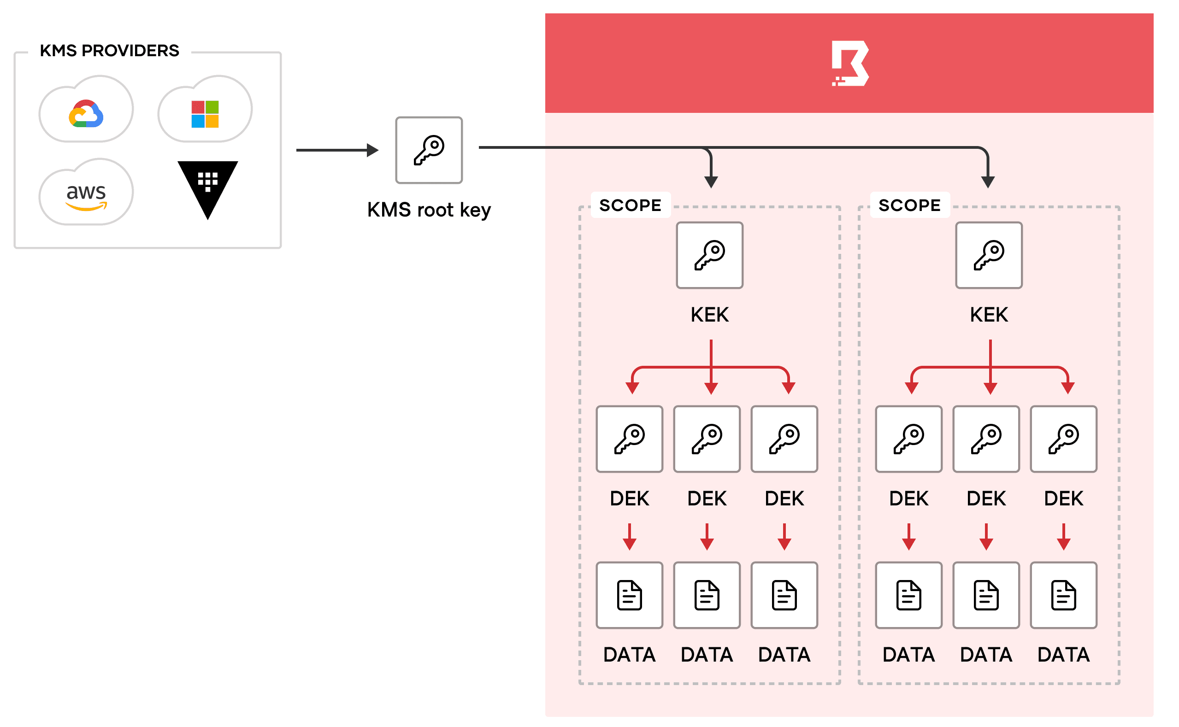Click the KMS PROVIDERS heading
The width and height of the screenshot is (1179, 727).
[109, 51]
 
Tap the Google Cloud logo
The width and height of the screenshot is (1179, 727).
[86, 114]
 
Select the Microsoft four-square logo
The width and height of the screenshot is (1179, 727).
[205, 114]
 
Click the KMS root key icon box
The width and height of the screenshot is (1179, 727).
[429, 150]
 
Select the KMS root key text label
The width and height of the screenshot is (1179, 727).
[429, 210]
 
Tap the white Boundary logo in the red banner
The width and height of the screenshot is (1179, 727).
[850, 64]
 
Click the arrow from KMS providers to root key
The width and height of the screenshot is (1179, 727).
[337, 150]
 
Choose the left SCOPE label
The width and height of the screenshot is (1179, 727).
[630, 205]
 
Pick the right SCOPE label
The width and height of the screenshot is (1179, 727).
[910, 205]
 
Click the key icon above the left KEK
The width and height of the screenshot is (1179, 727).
[709, 255]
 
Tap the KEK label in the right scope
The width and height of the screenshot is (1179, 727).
[989, 315]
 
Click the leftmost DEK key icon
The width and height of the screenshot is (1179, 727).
[630, 439]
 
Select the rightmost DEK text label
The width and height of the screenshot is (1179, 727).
[1064, 498]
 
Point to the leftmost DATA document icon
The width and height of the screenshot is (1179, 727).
[630, 595]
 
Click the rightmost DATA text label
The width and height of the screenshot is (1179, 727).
[1064, 655]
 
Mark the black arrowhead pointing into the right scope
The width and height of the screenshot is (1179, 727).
[988, 182]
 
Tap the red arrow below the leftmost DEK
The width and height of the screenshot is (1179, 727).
[630, 537]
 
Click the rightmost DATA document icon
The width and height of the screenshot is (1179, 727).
[1064, 595]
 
